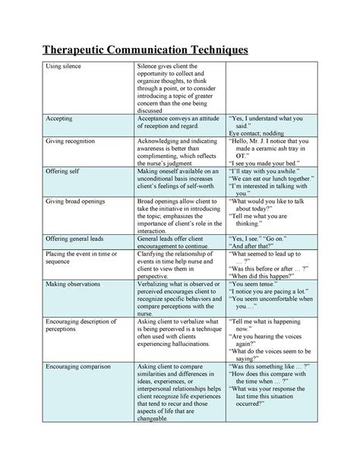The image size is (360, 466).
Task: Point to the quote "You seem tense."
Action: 256,281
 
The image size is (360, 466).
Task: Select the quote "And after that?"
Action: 257,246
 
